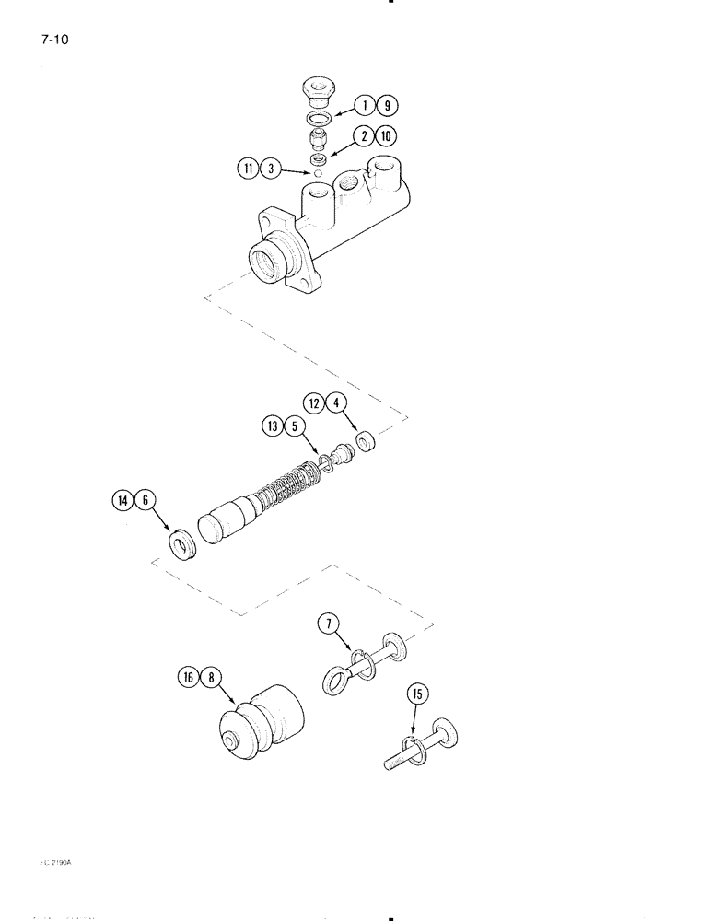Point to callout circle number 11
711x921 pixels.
(x=247, y=168)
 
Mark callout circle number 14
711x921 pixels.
(x=122, y=501)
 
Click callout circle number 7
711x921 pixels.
(x=327, y=624)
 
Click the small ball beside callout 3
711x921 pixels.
(x=317, y=173)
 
